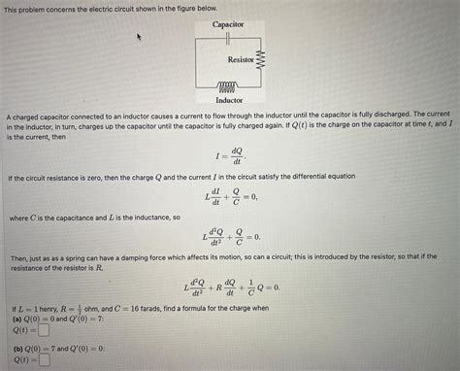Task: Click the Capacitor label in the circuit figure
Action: click(228, 22)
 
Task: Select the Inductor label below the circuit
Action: click(229, 99)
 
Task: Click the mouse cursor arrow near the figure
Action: click(139, 36)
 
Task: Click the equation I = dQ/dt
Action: click(229, 155)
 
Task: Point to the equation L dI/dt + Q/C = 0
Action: click(230, 197)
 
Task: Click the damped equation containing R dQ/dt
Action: click(230, 287)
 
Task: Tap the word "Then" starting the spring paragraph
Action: click(20, 257)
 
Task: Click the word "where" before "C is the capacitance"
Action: click(18, 218)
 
